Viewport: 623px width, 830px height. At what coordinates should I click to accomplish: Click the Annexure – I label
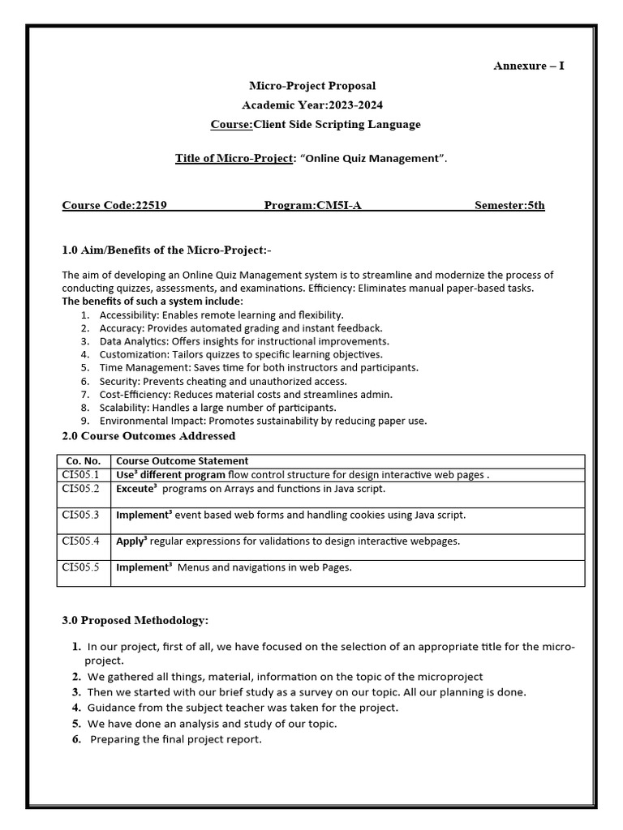528,66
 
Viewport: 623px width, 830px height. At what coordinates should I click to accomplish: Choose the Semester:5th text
509,205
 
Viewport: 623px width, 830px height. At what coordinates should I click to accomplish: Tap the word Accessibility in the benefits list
128,314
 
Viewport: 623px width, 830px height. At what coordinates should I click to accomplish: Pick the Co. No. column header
84,461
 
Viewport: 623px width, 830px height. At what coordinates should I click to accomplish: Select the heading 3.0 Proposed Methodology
135,620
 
